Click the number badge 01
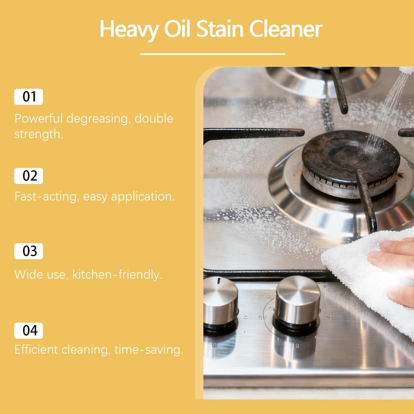[28, 97]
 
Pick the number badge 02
[28, 175]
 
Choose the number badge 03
[28, 252]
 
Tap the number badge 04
[28, 330]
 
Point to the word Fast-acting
[43, 197]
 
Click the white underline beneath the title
[213, 53]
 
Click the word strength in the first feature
[38, 135]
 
